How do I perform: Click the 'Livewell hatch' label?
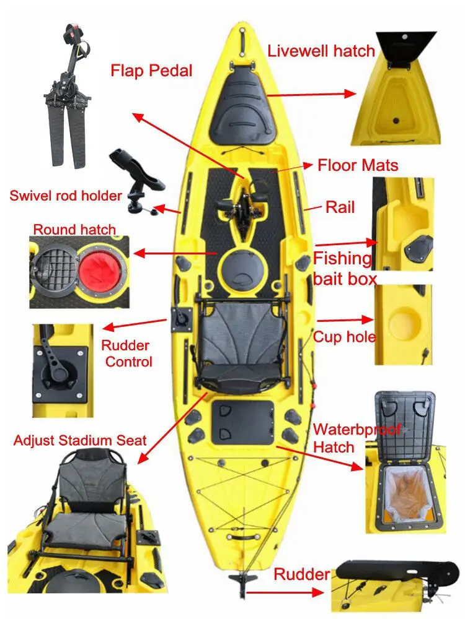tap(321, 51)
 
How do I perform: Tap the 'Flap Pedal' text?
tap(151, 71)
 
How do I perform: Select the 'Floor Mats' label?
tap(358, 165)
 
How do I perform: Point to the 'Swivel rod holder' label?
tap(66, 196)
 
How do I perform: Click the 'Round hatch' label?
tap(74, 230)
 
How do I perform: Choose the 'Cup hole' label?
tap(344, 337)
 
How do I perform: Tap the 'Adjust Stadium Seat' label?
tap(80, 440)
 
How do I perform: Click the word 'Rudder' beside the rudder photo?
tap(302, 574)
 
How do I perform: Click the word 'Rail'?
tap(340, 207)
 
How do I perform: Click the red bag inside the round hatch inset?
tap(99, 272)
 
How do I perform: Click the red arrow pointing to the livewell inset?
tap(312, 94)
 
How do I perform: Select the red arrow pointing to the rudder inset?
tap(285, 592)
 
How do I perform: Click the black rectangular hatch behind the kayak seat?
tap(243, 422)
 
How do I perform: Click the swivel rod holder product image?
tap(137, 180)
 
